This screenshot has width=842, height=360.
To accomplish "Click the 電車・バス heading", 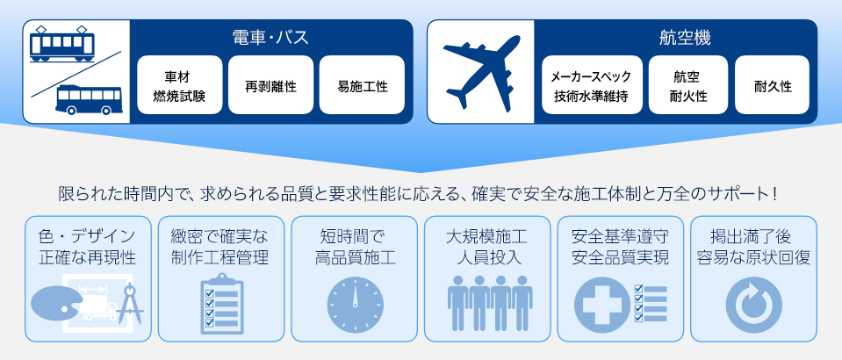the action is tap(270, 39).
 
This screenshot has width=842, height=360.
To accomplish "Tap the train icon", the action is tap(61, 44).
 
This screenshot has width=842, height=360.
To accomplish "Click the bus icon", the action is tap(90, 100).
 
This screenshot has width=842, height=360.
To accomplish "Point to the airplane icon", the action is tap(482, 72).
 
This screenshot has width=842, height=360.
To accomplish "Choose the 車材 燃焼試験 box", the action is tap(180, 85).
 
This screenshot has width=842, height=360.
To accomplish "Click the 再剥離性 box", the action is tap(270, 85).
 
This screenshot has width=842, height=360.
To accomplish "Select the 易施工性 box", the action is tap(362, 85).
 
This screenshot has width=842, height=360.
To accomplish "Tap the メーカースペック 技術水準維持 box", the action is tap(592, 85).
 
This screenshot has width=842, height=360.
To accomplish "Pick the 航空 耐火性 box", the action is tap(687, 85).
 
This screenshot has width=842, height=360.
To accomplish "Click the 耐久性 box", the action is tap(772, 85).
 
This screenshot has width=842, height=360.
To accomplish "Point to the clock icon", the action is tap(355, 305).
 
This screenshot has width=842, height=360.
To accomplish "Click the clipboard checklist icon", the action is tap(222, 302).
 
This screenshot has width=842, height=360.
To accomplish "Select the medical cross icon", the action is tap(602, 305).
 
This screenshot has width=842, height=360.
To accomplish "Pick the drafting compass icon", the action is tap(130, 304).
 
